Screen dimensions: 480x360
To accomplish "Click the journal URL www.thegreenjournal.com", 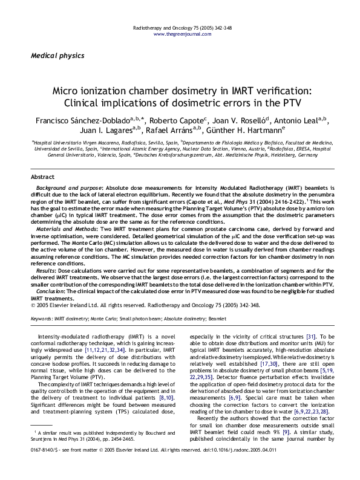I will tap(180, 35).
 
